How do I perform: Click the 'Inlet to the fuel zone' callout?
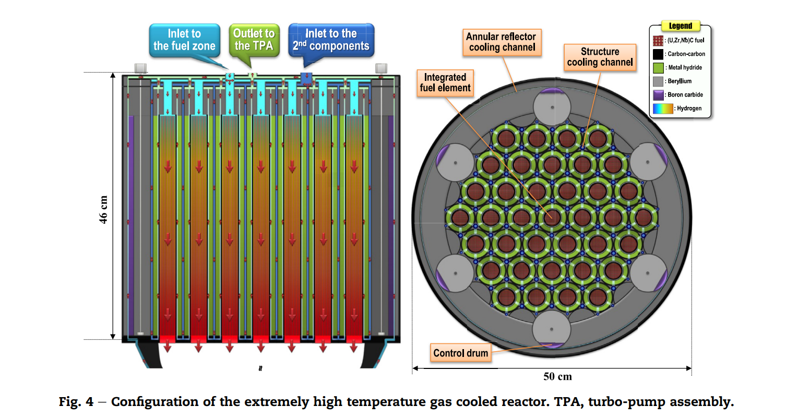tap(184, 40)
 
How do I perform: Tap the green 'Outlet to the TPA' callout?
tap(254, 40)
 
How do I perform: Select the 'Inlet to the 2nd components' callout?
tap(331, 40)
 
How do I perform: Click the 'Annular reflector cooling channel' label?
tap(501, 42)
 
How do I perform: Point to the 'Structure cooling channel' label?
tap(600, 57)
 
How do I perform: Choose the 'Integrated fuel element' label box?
tap(446, 82)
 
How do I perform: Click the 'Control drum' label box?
tap(461, 353)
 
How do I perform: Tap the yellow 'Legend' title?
tap(681, 26)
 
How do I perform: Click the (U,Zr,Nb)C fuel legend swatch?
tap(659, 40)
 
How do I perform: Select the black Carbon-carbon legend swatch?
tap(659, 54)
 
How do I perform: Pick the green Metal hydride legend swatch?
tap(659, 68)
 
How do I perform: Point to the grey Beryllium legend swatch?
tap(659, 81)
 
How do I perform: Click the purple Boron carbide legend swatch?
tap(659, 95)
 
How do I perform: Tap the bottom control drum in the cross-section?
tap(552, 328)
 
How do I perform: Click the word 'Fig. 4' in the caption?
tap(78, 402)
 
